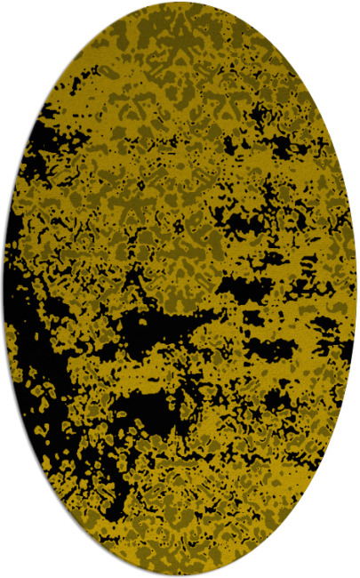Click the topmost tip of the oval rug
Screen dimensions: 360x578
tap(180, 4)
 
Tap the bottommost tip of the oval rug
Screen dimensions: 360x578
tap(180, 574)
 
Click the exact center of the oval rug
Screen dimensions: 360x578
tap(180, 289)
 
